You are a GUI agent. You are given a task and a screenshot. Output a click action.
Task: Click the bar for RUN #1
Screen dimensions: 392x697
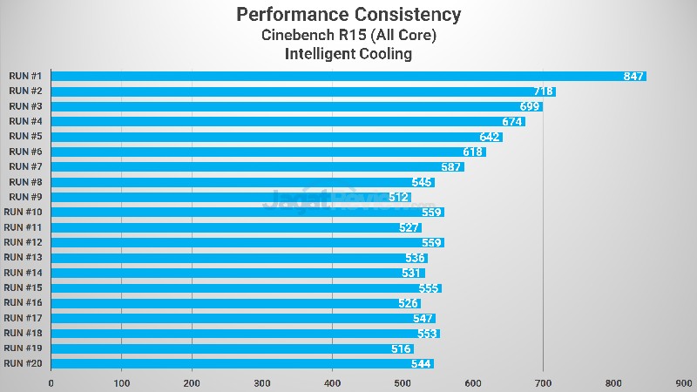click(x=348, y=77)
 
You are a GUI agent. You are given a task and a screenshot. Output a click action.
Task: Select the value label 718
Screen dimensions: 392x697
click(x=544, y=91)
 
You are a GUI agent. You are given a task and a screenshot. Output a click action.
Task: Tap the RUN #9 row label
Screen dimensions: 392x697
click(x=24, y=197)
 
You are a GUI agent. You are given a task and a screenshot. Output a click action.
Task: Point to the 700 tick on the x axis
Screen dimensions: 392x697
click(x=543, y=382)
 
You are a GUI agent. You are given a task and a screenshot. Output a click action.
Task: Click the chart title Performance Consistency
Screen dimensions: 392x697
click(x=348, y=15)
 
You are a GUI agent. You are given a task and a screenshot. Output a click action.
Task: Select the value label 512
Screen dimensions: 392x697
click(x=400, y=197)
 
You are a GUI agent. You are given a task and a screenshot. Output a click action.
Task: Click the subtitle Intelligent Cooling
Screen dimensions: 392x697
click(x=348, y=54)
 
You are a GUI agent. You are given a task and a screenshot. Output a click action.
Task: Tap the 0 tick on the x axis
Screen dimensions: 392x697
click(x=51, y=382)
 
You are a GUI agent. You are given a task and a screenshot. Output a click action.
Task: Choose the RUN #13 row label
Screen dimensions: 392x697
click(x=24, y=258)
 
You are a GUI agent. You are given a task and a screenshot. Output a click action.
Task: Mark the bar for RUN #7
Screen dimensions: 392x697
click(x=257, y=166)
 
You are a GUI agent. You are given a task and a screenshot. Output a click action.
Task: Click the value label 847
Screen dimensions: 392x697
click(x=633, y=77)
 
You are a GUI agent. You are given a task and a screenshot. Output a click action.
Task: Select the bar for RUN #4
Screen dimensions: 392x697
click(x=288, y=121)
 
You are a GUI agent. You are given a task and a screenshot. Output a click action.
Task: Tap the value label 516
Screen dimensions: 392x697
click(x=403, y=348)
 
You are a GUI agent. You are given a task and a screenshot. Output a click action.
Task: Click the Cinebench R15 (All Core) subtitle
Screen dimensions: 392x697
click(x=348, y=36)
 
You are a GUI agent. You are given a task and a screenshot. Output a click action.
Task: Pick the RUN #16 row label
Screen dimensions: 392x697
click(x=24, y=303)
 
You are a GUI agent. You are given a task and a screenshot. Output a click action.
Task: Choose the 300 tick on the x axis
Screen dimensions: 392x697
click(x=262, y=382)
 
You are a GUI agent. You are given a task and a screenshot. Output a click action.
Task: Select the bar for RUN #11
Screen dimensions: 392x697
click(x=236, y=227)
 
